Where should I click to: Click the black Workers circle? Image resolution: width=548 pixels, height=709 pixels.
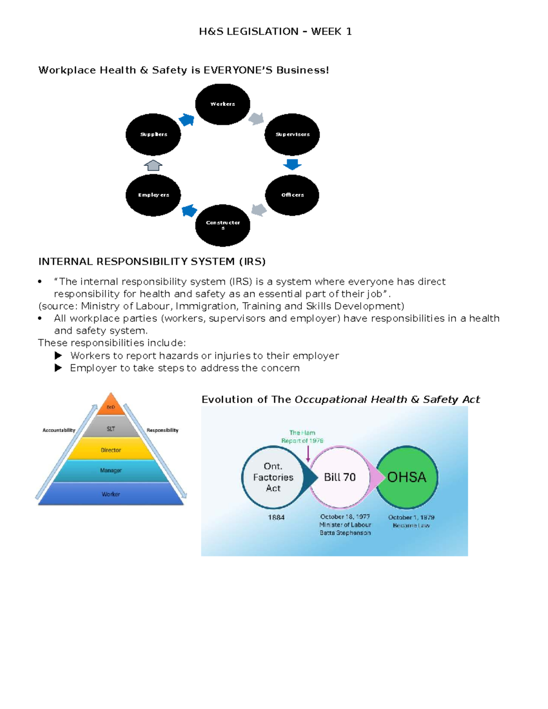point(222,104)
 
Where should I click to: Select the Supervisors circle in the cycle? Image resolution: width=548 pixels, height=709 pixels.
point(292,134)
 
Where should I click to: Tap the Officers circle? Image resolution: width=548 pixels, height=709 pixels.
point(292,195)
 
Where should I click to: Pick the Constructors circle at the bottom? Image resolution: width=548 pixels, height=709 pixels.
point(222,225)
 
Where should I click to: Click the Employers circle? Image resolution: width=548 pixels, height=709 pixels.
point(153,195)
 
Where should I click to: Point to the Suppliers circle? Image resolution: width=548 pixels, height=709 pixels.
point(153,134)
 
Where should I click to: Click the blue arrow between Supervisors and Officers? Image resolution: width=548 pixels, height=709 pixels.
point(292,164)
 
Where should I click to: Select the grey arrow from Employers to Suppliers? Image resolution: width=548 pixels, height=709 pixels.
point(153,165)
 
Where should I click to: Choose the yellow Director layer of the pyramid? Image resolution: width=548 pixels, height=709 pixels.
point(111,450)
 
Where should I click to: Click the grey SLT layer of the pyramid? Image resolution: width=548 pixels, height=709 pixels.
point(111,429)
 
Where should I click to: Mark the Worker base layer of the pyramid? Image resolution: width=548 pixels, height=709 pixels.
point(111,494)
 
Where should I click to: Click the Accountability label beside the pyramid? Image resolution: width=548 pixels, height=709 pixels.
point(58,430)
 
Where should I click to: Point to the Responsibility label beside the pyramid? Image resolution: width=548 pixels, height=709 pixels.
point(163,430)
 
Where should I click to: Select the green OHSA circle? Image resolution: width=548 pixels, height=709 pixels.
point(407,477)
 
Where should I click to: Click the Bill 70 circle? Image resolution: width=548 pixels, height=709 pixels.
point(340,477)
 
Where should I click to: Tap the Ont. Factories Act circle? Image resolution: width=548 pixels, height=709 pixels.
point(273,477)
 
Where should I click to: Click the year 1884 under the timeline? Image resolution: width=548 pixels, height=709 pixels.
point(276,517)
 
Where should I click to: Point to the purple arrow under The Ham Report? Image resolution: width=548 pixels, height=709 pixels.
point(308,453)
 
